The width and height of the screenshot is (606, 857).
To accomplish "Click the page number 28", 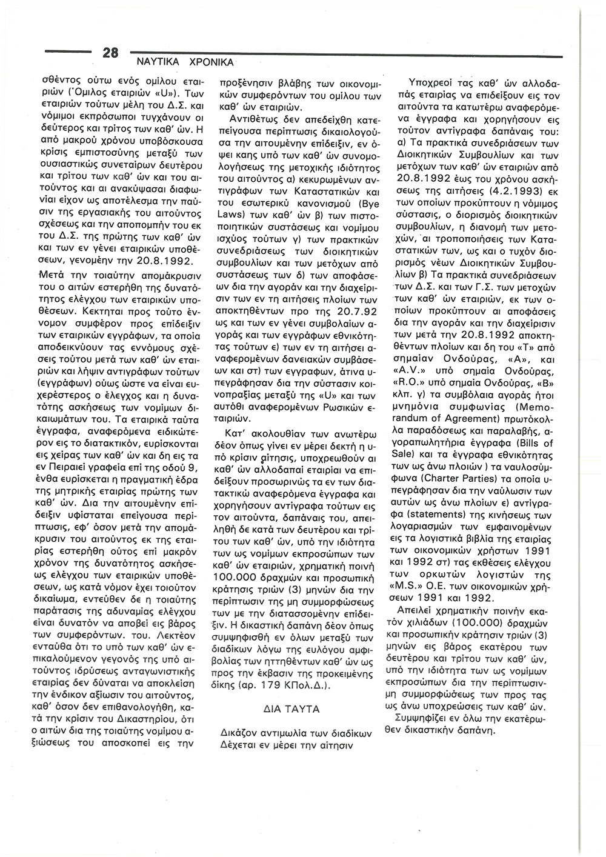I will coord(110,53).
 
